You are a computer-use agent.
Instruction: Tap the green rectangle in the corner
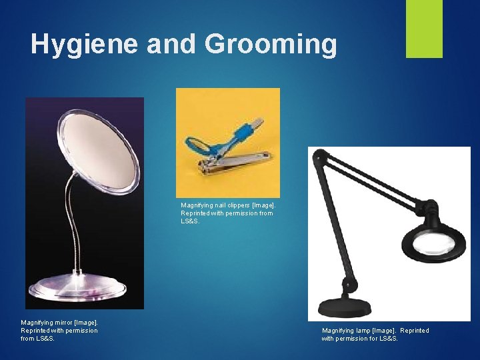(x=425, y=29)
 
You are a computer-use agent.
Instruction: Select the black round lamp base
(x=346, y=308)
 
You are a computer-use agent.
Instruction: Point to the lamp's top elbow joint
(x=319, y=159)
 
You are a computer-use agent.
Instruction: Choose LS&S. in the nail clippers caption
(x=191, y=221)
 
